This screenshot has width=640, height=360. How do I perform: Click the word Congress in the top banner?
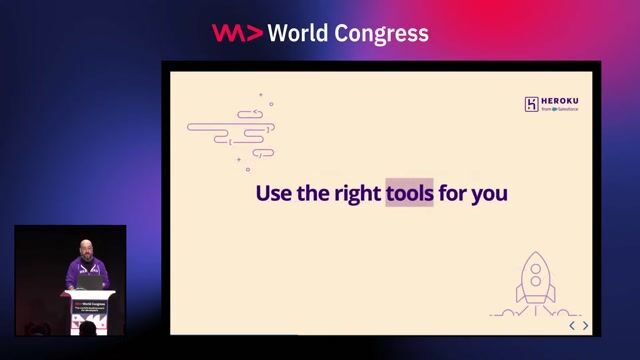[383, 34]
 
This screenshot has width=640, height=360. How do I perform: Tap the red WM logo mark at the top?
[237, 33]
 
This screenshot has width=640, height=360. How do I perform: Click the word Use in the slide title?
[273, 192]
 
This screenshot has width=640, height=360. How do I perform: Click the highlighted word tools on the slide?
[409, 192]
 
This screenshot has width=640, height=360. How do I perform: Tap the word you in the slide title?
[490, 193]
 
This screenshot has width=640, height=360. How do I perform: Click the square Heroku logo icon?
[532, 104]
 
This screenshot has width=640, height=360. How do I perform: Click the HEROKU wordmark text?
[561, 101]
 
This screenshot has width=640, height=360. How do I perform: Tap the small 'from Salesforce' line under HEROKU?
[560, 110]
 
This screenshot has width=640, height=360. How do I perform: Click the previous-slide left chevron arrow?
[572, 325]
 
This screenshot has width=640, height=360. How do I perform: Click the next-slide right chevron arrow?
[586, 325]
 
